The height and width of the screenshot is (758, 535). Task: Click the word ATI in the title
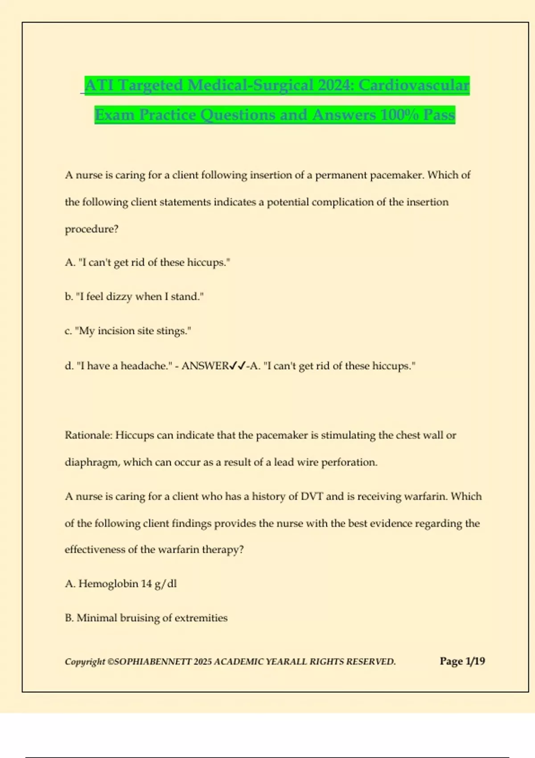click(100, 85)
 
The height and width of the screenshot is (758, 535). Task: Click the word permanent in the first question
click(342, 175)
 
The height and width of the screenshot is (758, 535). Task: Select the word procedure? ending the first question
click(91, 229)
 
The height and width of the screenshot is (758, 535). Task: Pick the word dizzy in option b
click(119, 297)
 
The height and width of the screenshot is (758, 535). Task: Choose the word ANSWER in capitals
click(205, 366)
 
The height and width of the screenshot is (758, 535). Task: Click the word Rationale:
click(88, 435)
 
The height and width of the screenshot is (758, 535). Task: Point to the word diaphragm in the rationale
click(91, 463)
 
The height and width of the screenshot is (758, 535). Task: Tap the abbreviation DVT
click(312, 497)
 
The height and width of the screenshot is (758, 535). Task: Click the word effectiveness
click(95, 550)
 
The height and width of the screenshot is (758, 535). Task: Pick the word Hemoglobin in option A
click(108, 584)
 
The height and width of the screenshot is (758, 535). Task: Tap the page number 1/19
click(475, 661)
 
